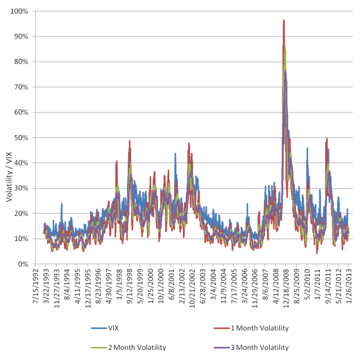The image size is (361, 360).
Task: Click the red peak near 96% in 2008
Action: click(x=284, y=21)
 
